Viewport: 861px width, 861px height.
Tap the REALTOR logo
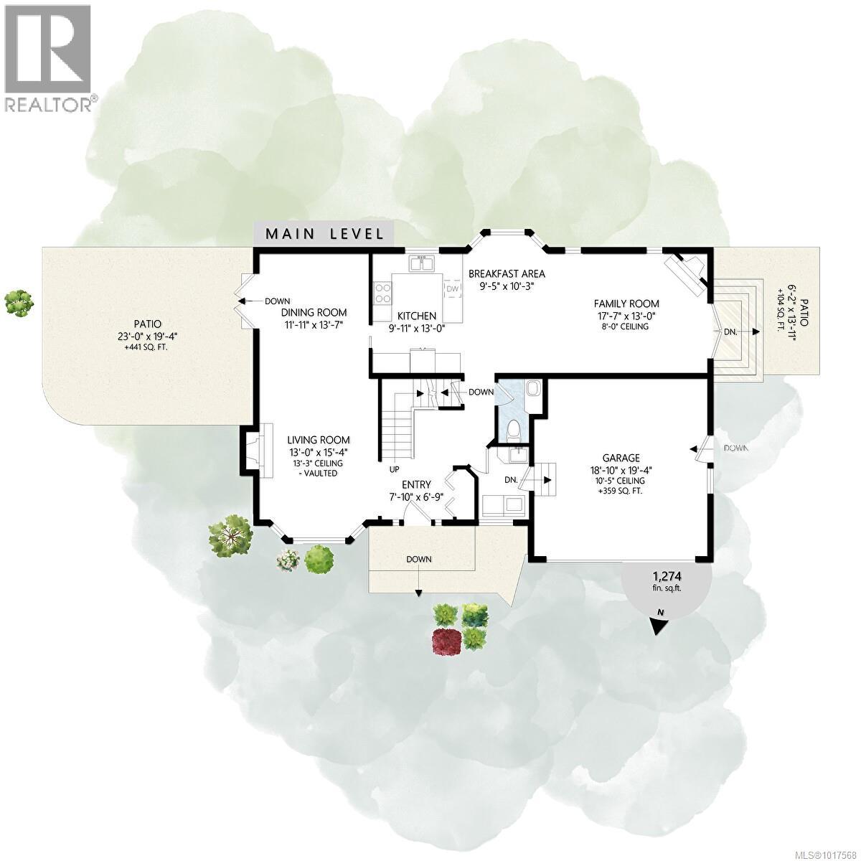click(48, 57)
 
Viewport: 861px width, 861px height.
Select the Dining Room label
click(314, 312)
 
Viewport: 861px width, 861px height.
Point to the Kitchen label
click(417, 316)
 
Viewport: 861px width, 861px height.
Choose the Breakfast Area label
click(507, 273)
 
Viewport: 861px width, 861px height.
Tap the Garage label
click(621, 458)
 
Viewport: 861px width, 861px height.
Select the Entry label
click(416, 485)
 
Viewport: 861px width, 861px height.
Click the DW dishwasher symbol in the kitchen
click(452, 288)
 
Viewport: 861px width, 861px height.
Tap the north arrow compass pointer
click(658, 623)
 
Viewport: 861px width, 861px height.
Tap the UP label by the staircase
click(394, 470)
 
